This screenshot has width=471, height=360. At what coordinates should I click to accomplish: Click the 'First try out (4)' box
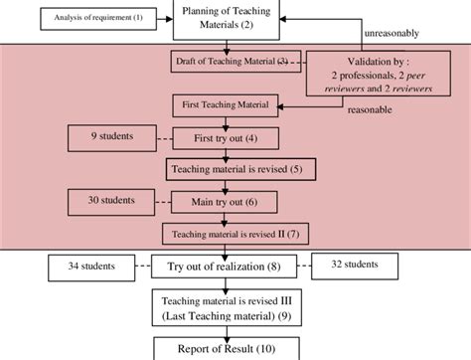(228, 137)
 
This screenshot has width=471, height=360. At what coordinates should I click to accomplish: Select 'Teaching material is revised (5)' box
(238, 170)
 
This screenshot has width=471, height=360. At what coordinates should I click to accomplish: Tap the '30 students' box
(106, 201)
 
